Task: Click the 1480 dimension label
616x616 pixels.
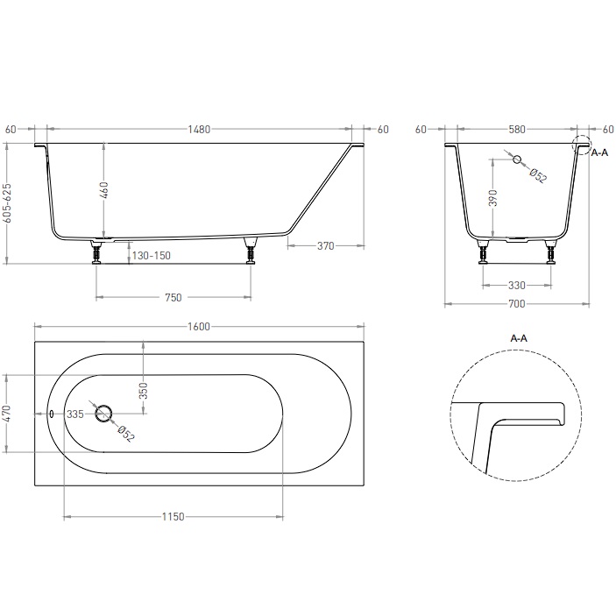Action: tap(199, 130)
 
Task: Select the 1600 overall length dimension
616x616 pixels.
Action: tap(199, 327)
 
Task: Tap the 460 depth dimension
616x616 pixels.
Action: tap(104, 190)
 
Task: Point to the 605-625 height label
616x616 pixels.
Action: tap(7, 202)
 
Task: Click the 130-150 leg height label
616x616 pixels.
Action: tap(152, 256)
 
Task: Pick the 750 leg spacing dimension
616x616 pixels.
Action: tap(173, 297)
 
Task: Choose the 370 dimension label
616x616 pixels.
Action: tap(326, 246)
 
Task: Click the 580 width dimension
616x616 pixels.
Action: tap(517, 130)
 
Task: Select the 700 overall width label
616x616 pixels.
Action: tap(517, 304)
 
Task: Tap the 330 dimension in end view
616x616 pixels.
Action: tap(517, 285)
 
